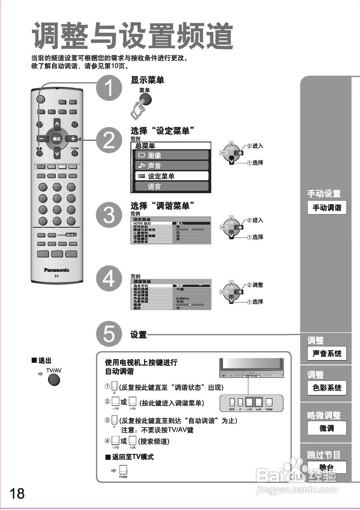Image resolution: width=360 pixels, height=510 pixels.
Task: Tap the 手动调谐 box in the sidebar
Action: point(327,208)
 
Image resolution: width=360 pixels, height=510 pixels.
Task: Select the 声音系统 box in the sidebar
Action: point(327,353)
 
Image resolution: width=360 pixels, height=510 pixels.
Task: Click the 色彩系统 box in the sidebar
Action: point(327,388)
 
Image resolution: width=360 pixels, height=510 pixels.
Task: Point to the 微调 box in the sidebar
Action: point(327,428)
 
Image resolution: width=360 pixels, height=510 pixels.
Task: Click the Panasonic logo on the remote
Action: point(57,270)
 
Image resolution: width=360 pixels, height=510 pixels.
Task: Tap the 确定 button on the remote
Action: point(57,139)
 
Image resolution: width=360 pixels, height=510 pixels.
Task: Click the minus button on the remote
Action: point(42,139)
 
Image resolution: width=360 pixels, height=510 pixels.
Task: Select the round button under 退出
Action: point(54,380)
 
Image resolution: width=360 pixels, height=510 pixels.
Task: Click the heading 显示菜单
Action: point(147,80)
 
